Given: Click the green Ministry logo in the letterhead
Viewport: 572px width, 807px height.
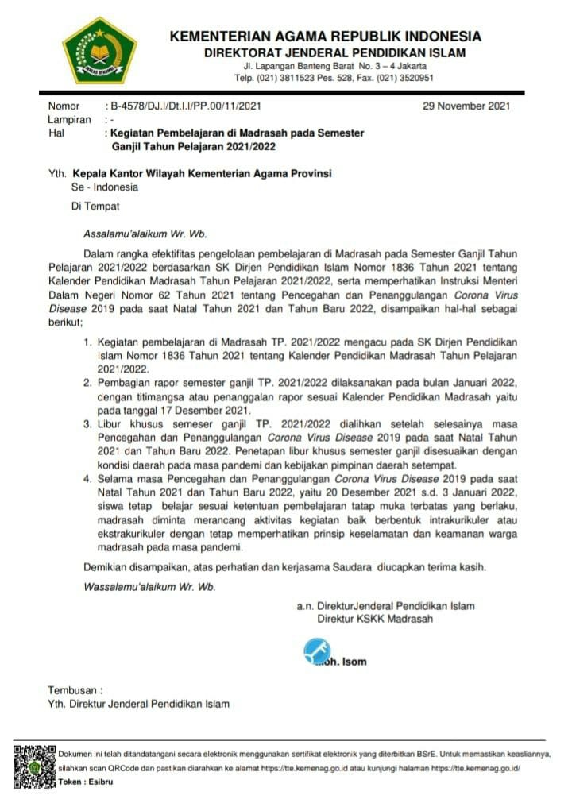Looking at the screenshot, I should point(100,52).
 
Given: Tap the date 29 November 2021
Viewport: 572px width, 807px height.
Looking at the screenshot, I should point(466,106).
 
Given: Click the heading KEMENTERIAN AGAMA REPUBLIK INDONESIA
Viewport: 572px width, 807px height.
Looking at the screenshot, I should point(326,37).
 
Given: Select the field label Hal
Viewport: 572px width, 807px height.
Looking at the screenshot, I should point(56,133).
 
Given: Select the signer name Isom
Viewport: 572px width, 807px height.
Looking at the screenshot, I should point(354,660).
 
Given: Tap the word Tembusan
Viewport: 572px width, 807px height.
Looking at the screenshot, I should point(75,690).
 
